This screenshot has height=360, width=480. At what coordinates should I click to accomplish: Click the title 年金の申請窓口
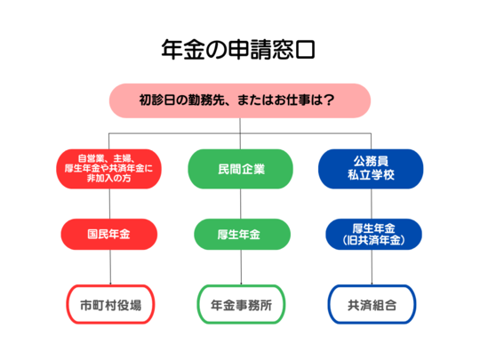click(x=238, y=49)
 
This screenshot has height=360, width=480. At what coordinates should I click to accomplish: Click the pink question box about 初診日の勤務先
click(x=240, y=100)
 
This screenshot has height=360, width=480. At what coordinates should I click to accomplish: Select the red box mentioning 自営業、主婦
click(x=108, y=169)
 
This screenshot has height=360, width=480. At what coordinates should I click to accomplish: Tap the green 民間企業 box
click(x=240, y=169)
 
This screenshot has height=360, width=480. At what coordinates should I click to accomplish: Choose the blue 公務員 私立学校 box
click(x=371, y=169)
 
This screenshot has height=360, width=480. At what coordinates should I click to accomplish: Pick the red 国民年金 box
click(x=109, y=234)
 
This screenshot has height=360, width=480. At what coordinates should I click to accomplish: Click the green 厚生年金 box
click(x=242, y=234)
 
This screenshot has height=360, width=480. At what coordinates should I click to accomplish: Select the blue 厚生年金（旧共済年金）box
click(x=373, y=234)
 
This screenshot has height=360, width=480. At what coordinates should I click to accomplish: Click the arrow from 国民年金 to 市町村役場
click(x=110, y=268)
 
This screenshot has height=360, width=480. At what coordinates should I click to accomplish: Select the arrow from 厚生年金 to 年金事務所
click(x=241, y=268)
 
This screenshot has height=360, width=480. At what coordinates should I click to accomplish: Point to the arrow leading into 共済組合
click(x=372, y=268)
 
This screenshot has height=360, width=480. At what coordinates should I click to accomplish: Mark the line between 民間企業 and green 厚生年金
click(x=241, y=204)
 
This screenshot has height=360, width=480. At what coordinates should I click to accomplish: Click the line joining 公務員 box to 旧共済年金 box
click(x=372, y=204)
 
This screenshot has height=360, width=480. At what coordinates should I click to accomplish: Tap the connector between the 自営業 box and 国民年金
click(x=109, y=204)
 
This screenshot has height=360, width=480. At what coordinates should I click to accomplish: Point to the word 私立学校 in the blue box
click(x=371, y=175)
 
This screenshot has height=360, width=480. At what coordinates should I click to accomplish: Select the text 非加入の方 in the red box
click(x=108, y=178)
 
